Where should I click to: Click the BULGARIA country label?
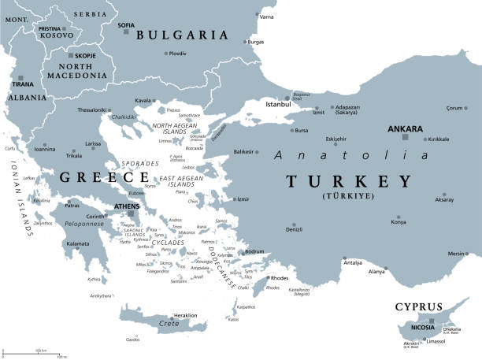[182, 35]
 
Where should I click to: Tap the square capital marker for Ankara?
[405, 137]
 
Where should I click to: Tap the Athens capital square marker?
[131, 213]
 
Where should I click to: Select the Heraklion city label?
[184, 315]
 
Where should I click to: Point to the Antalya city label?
[354, 262]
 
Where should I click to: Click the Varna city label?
[267, 17]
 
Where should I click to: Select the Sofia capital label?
[125, 24]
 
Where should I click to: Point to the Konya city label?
[399, 221]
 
